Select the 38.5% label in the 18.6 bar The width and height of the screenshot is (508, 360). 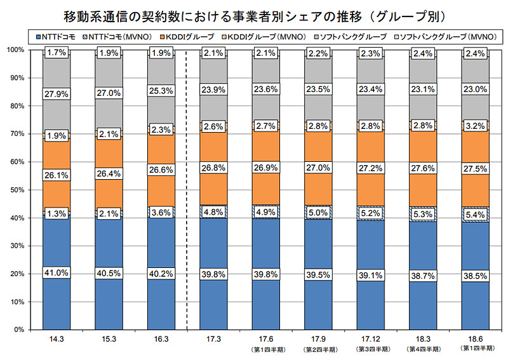(x=475, y=277)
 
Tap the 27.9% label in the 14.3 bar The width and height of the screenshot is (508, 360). (x=57, y=94)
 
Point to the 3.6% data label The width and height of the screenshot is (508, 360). (x=161, y=213)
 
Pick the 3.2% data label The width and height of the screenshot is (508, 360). (x=475, y=126)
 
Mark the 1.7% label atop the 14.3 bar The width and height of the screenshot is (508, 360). (x=57, y=53)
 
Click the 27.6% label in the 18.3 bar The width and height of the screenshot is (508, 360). (x=423, y=172)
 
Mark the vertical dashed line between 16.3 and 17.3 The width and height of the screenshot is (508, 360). (x=187, y=190)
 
